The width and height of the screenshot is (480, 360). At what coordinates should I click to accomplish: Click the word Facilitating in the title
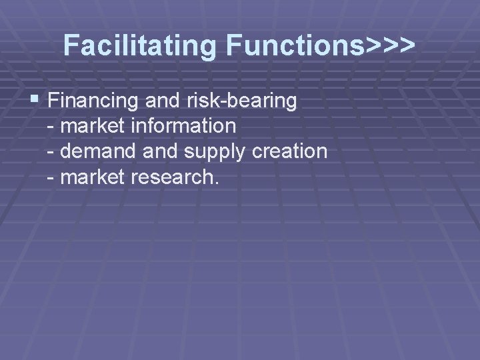[x=141, y=46]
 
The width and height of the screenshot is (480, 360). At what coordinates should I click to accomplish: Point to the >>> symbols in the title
[x=390, y=46]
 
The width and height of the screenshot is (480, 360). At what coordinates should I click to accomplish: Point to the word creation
[x=290, y=151]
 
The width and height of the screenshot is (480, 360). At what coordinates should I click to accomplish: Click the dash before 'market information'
[x=52, y=127]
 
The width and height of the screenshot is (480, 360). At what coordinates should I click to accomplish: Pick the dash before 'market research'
[x=52, y=178]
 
